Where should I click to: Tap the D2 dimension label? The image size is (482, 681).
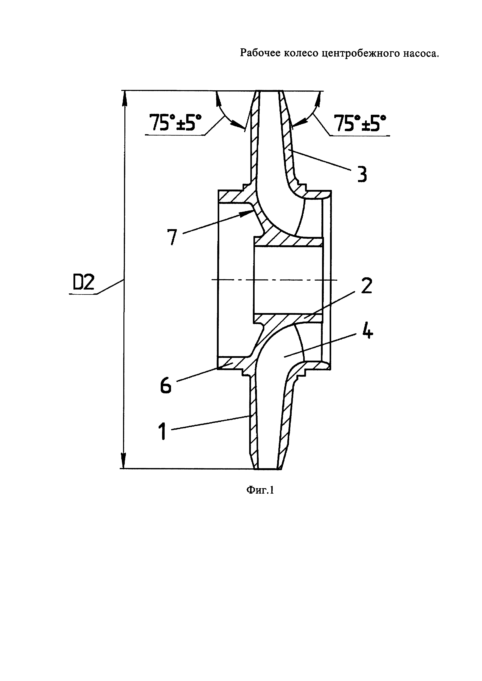(83, 282)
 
